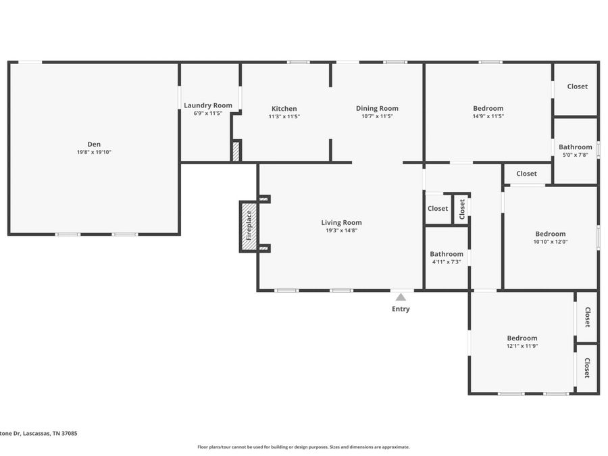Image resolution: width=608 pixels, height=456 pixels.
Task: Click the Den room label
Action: pos(94,144)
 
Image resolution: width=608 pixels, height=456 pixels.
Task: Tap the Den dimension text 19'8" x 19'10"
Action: pos(94,152)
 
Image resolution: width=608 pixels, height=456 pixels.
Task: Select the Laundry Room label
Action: pos(208,105)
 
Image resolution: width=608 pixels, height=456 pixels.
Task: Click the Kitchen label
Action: pos(284,109)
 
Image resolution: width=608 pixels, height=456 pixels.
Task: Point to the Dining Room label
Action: pos(377,108)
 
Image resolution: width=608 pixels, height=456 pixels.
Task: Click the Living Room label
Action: pos(341,222)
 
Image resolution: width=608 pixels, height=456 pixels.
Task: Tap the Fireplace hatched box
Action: pos(248,226)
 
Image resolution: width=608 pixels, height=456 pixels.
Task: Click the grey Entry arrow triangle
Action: pos(401,297)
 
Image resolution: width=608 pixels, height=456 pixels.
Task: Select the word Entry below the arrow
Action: pos(401,309)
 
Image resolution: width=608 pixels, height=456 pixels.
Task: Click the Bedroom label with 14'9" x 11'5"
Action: pos(488,108)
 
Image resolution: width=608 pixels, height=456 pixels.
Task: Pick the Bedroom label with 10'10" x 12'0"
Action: pos(550,234)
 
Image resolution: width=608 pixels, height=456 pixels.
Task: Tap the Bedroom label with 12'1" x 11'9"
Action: pos(522,338)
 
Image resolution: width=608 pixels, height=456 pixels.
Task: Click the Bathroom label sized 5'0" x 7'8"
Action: pos(575,147)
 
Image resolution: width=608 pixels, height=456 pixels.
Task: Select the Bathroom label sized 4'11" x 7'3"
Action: pos(447,254)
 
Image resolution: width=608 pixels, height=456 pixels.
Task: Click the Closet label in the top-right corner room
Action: pos(577,86)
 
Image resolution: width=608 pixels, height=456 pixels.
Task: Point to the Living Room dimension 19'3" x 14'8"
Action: pos(341,230)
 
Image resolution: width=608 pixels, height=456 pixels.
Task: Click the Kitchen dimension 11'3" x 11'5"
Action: pos(284,116)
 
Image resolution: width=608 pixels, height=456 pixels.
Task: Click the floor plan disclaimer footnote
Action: pos(303,447)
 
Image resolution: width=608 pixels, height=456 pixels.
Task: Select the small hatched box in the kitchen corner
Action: pos(236,151)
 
